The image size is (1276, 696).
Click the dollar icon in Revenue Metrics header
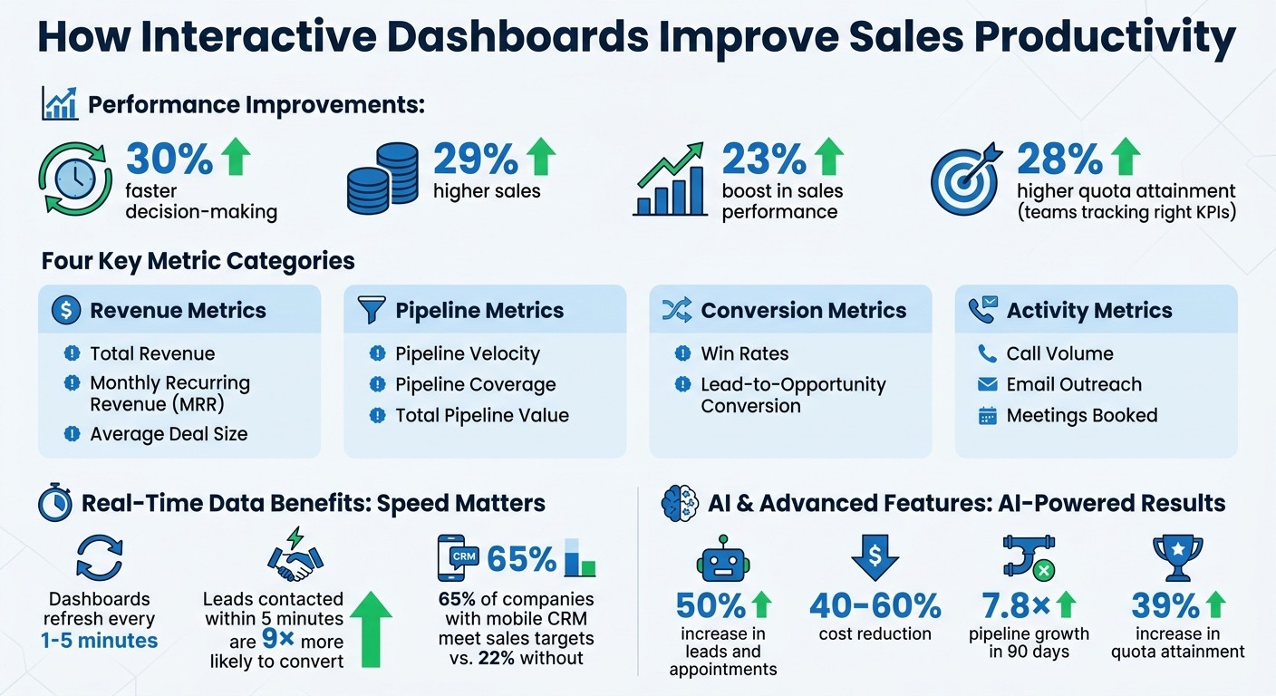click(x=66, y=311)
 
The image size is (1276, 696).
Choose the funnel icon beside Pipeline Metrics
click(x=372, y=311)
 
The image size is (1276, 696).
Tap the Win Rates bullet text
click(x=744, y=353)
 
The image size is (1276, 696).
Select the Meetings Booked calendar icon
click(x=987, y=416)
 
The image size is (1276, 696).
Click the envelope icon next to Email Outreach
click(x=987, y=384)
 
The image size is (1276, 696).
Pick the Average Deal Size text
click(x=169, y=434)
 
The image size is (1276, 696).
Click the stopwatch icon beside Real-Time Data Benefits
click(x=55, y=503)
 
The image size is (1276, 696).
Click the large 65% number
click(x=521, y=560)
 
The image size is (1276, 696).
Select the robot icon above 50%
click(x=722, y=559)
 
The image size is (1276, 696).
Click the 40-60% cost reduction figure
click(x=875, y=605)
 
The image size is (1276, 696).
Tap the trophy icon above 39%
click(x=1176, y=557)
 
